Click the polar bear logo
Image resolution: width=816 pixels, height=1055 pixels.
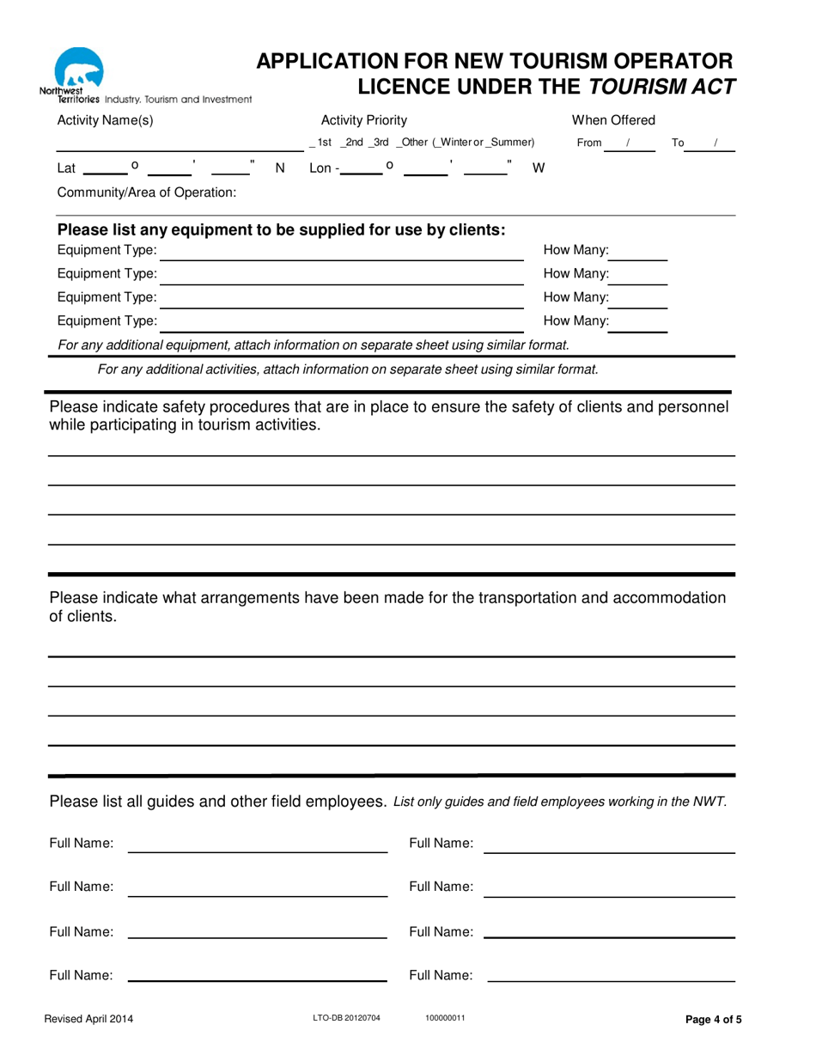78,68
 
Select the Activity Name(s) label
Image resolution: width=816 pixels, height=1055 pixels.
105,120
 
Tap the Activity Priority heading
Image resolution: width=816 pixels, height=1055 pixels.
363,120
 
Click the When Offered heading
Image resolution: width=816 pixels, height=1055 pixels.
613,120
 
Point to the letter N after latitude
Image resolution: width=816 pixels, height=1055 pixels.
279,168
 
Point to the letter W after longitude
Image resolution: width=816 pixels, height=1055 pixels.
539,168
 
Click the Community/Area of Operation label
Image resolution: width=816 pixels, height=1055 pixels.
146,192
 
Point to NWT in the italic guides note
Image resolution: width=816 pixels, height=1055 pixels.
708,802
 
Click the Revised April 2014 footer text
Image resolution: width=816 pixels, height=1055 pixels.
89,1021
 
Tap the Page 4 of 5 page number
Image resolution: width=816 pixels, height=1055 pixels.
713,1021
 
